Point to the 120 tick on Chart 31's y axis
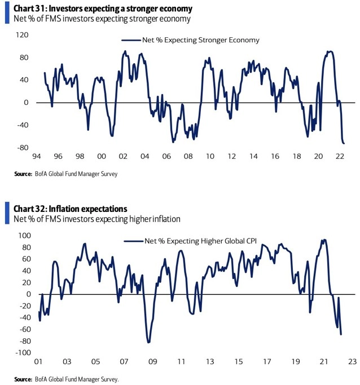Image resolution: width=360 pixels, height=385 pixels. pyautogui.click(x=23, y=35)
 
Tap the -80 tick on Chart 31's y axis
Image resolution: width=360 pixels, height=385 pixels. pyautogui.click(x=23, y=148)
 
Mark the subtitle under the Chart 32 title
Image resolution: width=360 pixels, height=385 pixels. pyautogui.click(x=95, y=219)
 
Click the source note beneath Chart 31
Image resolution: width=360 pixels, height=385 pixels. pyautogui.click(x=66, y=174)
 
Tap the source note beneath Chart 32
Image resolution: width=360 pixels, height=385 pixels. pyautogui.click(x=67, y=379)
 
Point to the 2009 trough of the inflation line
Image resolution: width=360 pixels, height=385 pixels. pyautogui.click(x=148, y=342)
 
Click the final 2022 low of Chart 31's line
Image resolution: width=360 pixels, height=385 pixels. pyautogui.click(x=344, y=143)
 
